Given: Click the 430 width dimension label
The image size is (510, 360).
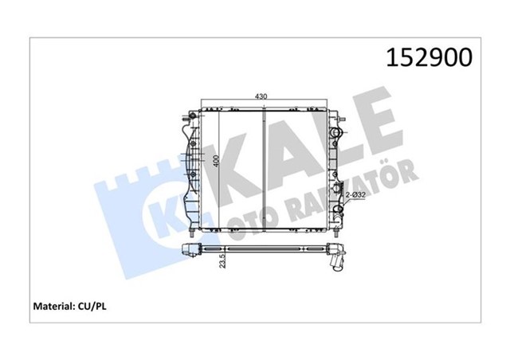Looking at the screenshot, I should [261, 96].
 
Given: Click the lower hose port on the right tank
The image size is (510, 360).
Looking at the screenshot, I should [338, 211].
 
